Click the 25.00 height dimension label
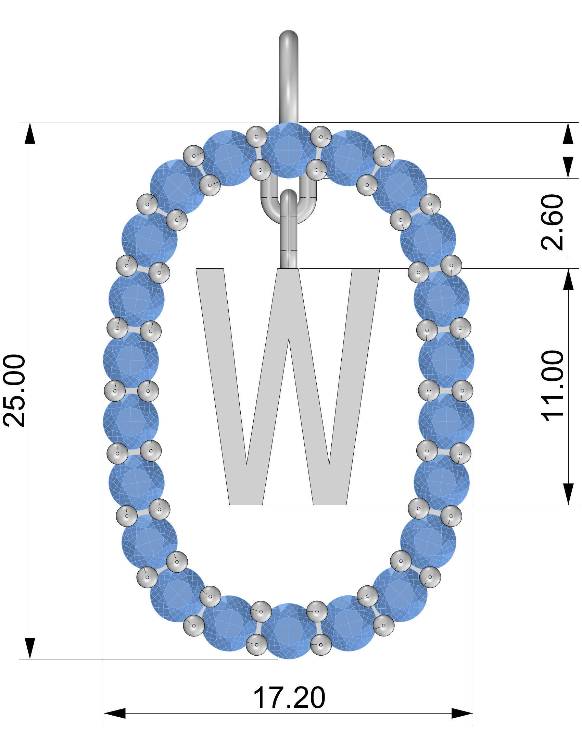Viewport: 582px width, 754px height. pos(14,390)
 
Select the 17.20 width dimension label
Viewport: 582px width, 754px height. pos(289,697)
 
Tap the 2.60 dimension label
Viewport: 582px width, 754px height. pos(552,222)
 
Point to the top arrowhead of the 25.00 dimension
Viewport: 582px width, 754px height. pos(30,133)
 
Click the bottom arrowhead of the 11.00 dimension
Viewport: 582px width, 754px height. pos(568,494)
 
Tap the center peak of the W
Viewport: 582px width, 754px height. pos(288,340)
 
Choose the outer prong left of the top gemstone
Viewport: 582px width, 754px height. pos(257,137)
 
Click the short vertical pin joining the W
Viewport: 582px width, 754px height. pos(288,242)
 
